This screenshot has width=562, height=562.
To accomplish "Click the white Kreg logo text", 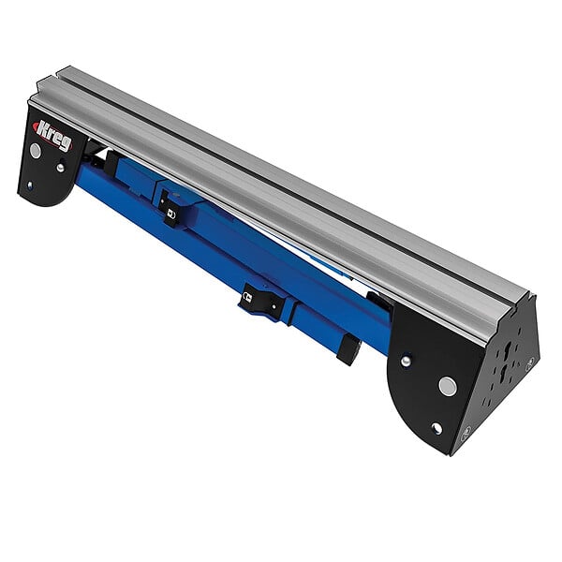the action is (x=54, y=135).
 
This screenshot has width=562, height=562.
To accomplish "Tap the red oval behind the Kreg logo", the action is (x=52, y=135).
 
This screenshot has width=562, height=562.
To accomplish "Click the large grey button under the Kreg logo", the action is (x=36, y=151).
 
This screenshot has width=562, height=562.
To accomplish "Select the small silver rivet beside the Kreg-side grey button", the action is (x=60, y=167).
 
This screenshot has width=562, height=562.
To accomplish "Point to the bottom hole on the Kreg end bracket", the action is (x=30, y=185).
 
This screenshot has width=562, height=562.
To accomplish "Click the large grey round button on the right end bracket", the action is (x=448, y=386).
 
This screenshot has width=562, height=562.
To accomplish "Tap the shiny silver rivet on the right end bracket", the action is (x=406, y=362).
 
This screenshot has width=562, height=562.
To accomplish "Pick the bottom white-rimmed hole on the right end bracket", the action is (x=436, y=428).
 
